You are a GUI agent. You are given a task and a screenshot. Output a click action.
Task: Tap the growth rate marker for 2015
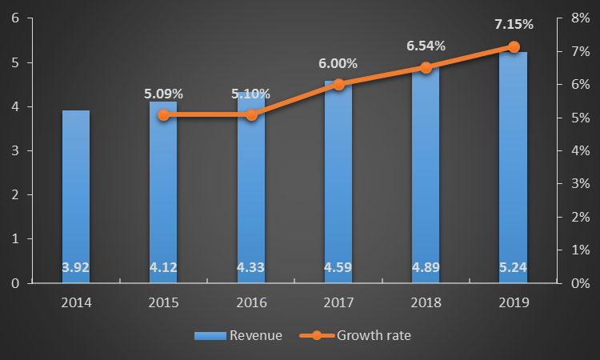coord(163,115)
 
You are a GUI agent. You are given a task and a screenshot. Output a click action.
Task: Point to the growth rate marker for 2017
coord(338,84)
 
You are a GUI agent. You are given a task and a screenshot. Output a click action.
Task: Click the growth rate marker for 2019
coord(514,46)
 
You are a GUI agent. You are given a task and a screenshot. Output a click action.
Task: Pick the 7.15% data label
coord(514,25)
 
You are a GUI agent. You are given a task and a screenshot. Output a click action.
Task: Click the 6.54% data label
coord(426,46)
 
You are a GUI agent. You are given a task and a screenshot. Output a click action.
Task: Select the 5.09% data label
coord(163,94)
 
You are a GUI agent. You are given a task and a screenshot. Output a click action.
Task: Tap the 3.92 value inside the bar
coord(76,267)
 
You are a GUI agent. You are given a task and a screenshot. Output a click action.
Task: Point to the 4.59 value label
coord(338,267)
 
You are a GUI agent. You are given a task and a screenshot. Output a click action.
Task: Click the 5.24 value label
coord(514,267)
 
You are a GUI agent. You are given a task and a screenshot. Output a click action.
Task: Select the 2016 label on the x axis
coord(251,302)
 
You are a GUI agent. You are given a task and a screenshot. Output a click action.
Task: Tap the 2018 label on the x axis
coord(426,302)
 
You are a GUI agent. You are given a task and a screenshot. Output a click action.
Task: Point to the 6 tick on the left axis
coord(16,18)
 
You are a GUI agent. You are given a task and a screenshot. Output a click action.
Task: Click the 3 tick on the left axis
coord(16,150)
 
